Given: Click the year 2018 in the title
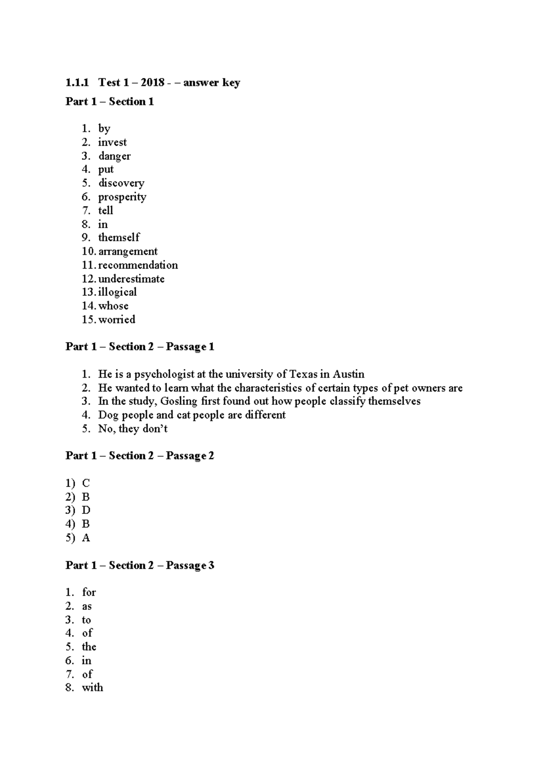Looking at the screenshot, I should pos(152,83).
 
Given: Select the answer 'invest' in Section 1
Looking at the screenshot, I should pos(112,142).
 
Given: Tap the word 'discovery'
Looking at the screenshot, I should pos(121,183).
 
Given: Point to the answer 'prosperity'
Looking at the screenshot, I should pos(122,197).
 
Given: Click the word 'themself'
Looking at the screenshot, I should pos(119,237).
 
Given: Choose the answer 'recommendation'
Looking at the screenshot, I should pos(138,265).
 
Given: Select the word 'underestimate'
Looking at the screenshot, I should pos(131,278).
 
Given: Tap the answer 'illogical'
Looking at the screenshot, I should pos(118,292).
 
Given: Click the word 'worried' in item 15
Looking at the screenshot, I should pos(117,319).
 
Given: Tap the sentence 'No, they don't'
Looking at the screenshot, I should pos(133,428).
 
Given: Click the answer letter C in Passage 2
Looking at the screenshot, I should pos(86,483).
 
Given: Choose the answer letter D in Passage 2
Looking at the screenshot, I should pos(86,510).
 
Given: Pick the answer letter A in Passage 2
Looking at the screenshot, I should pos(86,538).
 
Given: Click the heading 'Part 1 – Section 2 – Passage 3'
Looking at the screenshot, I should pos(140,565).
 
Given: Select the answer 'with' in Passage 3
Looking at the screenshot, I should pos(92,687).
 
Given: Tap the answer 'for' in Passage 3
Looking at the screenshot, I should pos(89,592).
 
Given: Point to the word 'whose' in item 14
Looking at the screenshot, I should pos(114,306).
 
